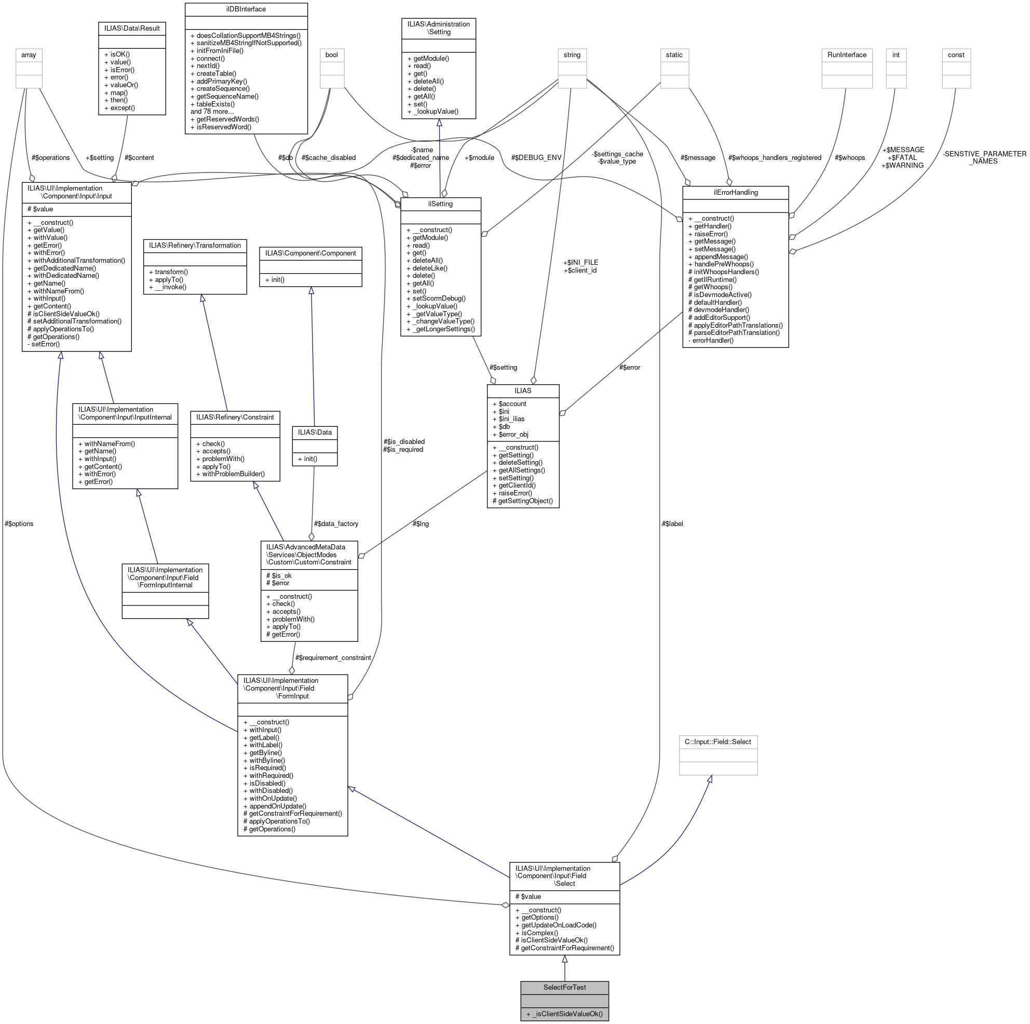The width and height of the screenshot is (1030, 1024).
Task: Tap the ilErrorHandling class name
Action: [x=735, y=192]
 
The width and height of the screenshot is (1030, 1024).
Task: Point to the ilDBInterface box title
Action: [x=246, y=9]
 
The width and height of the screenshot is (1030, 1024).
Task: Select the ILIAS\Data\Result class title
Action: [x=132, y=28]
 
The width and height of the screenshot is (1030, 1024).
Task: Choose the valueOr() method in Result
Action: [x=120, y=85]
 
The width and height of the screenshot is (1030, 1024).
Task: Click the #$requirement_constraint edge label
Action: [x=333, y=657]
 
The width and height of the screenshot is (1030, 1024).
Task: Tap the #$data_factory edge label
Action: [x=336, y=524]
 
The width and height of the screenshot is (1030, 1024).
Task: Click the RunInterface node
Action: [x=847, y=55]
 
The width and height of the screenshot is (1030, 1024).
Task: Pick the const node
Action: [x=955, y=55]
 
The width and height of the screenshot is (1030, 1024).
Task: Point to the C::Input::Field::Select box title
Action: [x=717, y=742]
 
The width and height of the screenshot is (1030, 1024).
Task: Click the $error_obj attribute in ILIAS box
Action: [x=513, y=434]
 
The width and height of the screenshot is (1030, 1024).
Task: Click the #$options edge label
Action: [x=19, y=524]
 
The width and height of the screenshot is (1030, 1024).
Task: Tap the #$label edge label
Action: [x=672, y=524]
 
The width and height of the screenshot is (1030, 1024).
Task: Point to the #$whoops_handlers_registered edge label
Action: [x=774, y=157]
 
